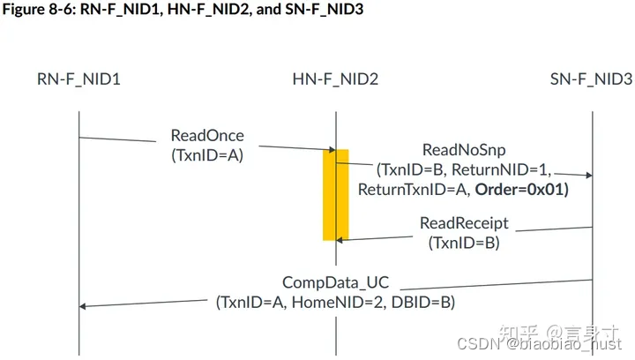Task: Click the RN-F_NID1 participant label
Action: pyautogui.click(x=78, y=79)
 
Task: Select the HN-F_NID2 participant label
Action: pyautogui.click(x=335, y=79)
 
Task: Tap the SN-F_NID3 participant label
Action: pyautogui.click(x=590, y=79)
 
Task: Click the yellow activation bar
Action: pyautogui.click(x=335, y=194)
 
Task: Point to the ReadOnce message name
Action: pyautogui.click(x=207, y=136)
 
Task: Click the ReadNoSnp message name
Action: pyautogui.click(x=463, y=150)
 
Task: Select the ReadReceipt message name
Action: pyautogui.click(x=463, y=224)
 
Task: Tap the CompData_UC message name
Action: pyautogui.click(x=335, y=283)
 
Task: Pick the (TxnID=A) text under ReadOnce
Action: pyautogui.click(x=207, y=154)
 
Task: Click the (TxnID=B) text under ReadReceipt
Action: pyautogui.click(x=463, y=243)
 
